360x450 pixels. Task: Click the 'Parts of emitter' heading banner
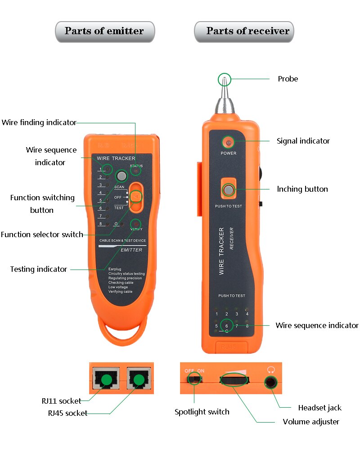click(104, 31)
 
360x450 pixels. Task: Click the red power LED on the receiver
click(229, 143)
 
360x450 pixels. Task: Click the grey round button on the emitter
click(120, 175)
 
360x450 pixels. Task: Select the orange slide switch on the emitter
click(136, 197)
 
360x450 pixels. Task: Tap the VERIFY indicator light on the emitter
click(136, 224)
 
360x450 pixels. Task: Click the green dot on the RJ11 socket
click(106, 380)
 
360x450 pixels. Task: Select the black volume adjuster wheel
click(234, 381)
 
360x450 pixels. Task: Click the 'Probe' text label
click(288, 79)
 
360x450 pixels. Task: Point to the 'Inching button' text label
click(302, 189)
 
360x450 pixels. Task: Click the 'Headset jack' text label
click(319, 408)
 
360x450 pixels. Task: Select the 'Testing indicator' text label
click(39, 270)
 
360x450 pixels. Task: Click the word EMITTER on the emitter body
click(131, 250)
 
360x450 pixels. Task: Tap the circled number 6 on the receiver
click(226, 326)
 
